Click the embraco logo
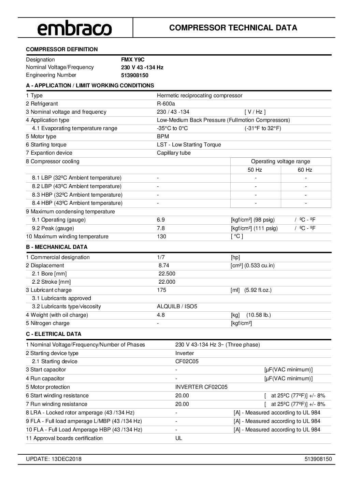[x=74, y=28]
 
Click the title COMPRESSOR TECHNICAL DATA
[x=233, y=28]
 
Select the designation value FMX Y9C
[x=133, y=59]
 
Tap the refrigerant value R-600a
[x=166, y=104]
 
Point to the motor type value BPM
[x=163, y=137]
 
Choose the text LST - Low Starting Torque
[x=189, y=145]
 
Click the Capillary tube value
[x=174, y=153]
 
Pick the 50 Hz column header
[x=255, y=170]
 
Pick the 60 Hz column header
[x=305, y=170]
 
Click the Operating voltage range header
[x=280, y=161]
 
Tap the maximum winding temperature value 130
[x=161, y=237]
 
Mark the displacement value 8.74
[x=164, y=266]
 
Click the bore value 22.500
[x=167, y=274]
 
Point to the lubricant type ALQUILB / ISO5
[x=177, y=307]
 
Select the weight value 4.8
[x=161, y=315]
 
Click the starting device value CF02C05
[x=187, y=361]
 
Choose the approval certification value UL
[x=178, y=438]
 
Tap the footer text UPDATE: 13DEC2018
[x=54, y=459]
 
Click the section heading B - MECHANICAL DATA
[x=57, y=247]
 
